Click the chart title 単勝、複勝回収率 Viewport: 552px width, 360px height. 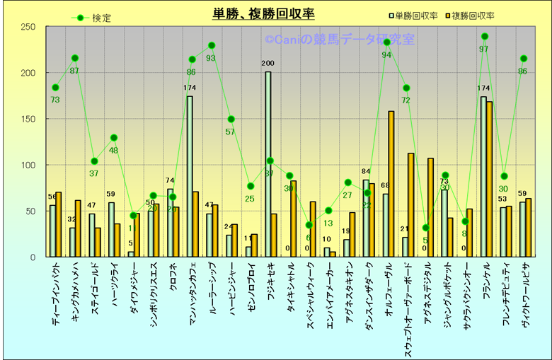pos(264,13)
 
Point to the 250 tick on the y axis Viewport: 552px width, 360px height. pos(29,27)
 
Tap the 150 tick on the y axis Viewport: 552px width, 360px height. pos(29,119)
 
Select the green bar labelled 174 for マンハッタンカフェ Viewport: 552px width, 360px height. pos(190,176)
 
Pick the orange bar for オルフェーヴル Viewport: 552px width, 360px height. pos(391,184)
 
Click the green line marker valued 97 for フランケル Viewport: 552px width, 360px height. pos(485,36)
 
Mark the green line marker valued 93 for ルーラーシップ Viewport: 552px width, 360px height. pos(211,45)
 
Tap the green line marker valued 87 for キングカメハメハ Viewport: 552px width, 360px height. pos(74,58)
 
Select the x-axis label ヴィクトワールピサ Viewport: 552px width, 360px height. pos(525,300)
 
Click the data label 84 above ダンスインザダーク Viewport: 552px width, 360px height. pos(366,171)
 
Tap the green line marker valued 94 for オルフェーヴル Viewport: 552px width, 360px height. pos(386,42)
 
